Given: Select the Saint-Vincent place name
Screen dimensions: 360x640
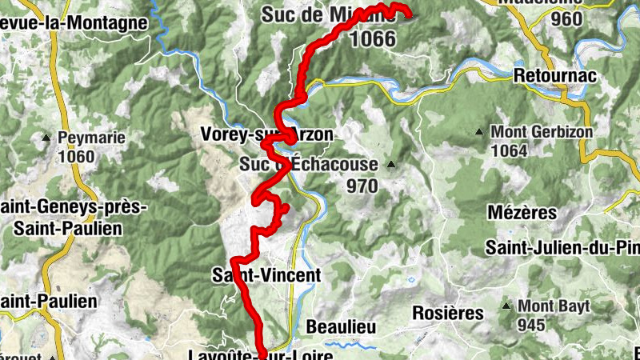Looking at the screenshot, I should tap(266, 275).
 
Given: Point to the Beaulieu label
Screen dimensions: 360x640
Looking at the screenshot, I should tap(341, 327).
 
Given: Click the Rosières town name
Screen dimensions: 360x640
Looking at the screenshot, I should tap(448, 312).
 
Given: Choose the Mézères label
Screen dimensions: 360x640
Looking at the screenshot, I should tap(521, 213).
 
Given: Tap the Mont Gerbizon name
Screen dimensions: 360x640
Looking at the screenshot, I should tap(542, 131).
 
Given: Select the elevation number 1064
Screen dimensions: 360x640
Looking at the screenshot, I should tap(510, 150).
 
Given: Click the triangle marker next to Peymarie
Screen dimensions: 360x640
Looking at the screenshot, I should tap(46, 138).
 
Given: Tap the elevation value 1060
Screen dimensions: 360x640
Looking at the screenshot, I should tap(77, 157).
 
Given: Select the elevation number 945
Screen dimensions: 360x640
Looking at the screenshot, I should tap(530, 325).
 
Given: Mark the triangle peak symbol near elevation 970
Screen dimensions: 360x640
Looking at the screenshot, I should tap(391, 166).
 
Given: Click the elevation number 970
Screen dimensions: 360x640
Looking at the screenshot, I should tap(362, 186).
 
